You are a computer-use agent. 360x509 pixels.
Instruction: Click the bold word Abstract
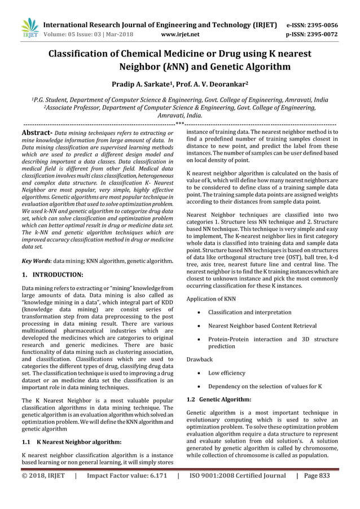(36, 133)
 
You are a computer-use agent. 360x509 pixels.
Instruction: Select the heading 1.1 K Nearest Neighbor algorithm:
(76, 442)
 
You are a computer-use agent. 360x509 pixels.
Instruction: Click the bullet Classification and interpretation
(249, 312)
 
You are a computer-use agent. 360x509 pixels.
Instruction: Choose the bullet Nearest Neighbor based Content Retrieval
(262, 326)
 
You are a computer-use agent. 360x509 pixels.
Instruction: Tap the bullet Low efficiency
(226, 373)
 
